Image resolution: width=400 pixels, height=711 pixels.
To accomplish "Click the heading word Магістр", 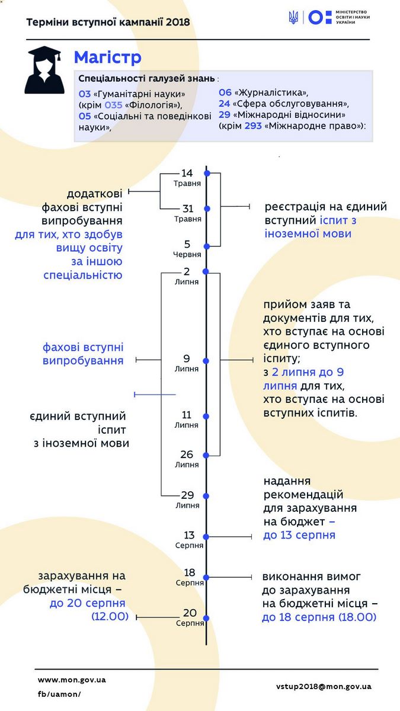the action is [108, 57].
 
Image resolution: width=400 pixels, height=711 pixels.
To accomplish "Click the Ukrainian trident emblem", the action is [293, 17].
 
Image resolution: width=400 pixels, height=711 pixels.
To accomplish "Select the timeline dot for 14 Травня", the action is [207, 173].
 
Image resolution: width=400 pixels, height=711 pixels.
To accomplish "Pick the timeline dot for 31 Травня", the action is [207, 209].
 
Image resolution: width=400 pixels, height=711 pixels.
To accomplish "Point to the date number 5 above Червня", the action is [187, 244].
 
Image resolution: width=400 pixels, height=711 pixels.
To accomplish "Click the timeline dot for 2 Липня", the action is [206, 271].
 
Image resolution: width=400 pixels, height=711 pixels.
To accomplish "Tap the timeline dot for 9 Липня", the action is [206, 361].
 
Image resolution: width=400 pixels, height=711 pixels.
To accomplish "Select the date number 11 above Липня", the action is [186, 415].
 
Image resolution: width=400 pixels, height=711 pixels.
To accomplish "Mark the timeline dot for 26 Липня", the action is [206, 455].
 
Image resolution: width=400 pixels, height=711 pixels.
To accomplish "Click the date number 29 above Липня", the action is [187, 495].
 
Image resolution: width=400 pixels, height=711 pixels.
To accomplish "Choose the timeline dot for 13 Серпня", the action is [206, 537].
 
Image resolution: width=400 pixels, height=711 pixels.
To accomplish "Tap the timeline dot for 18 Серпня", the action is [206, 577].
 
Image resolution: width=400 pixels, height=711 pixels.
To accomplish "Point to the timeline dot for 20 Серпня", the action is [206, 617].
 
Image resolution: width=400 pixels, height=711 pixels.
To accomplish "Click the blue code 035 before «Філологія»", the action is [113, 105].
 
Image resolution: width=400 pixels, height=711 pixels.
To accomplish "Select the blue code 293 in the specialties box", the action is [253, 126].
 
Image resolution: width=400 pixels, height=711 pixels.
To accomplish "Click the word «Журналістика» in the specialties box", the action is [271, 92].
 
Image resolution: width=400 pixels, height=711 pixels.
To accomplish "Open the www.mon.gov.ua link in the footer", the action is [72, 680].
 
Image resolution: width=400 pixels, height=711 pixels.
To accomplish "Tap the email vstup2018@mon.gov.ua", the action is [324, 687].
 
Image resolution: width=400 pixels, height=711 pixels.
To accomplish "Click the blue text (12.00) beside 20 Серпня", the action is [110, 616].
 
